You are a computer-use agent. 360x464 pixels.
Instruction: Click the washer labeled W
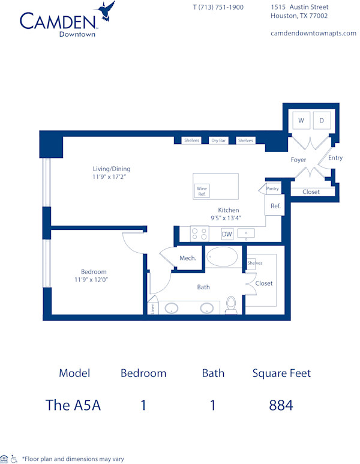tap(301, 121)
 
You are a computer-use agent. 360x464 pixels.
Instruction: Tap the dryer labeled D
tap(322, 121)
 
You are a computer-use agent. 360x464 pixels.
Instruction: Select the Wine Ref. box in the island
tap(202, 191)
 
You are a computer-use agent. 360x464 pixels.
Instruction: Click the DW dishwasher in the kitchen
tap(227, 234)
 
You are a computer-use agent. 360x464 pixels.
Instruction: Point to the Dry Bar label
tap(218, 140)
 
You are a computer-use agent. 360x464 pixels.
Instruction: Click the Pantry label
tap(273, 188)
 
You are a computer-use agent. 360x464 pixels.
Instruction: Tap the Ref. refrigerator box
tap(275, 206)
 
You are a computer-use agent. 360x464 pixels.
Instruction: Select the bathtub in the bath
tap(222, 257)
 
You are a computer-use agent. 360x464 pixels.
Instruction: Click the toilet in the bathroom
tap(232, 307)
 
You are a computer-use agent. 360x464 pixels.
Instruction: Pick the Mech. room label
tap(188, 258)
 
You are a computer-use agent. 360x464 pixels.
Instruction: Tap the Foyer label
tap(298, 160)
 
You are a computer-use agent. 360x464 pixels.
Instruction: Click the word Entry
tap(335, 158)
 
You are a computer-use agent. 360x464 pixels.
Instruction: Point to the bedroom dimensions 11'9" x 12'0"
tap(91, 279)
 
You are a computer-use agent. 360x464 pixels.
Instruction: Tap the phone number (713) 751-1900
tap(218, 7)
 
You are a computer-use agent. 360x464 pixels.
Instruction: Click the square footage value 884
tap(281, 405)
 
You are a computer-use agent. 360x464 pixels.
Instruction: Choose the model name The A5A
tap(73, 405)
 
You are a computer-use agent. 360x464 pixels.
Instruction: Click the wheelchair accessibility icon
tap(14, 459)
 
